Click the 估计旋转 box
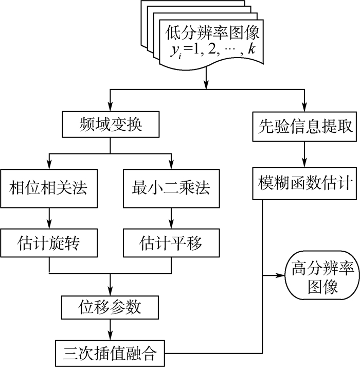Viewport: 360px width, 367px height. coord(49,241)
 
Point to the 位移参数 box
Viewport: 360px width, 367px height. coord(110,307)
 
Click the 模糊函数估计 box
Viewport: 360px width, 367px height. coord(305,183)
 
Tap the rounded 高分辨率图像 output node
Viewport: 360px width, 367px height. coord(315,276)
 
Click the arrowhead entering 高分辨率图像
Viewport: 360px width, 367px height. coord(281,276)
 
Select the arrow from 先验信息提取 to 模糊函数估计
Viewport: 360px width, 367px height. coord(305,154)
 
